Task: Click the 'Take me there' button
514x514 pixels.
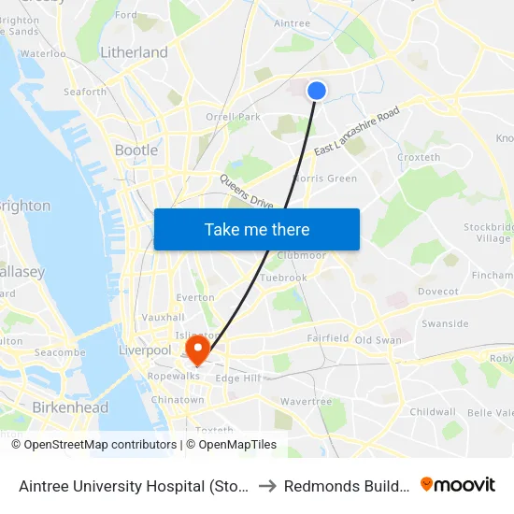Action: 256,230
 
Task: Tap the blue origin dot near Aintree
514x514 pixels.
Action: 317,90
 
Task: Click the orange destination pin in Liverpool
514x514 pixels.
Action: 197,350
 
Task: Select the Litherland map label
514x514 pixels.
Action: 134,53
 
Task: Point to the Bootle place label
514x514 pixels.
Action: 136,150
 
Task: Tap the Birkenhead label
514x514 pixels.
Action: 70,407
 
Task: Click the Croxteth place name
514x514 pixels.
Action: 419,158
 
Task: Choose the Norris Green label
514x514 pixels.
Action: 325,178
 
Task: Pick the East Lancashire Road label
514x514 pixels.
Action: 357,132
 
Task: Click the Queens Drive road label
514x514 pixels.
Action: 246,192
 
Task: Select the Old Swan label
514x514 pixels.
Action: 378,340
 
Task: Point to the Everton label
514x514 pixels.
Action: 195,297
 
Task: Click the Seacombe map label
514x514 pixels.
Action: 60,352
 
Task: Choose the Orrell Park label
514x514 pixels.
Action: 234,117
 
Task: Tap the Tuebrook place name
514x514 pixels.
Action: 284,278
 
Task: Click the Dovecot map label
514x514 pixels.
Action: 438,292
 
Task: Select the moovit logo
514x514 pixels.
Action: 458,484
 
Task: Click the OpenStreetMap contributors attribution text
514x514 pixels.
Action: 94,445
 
